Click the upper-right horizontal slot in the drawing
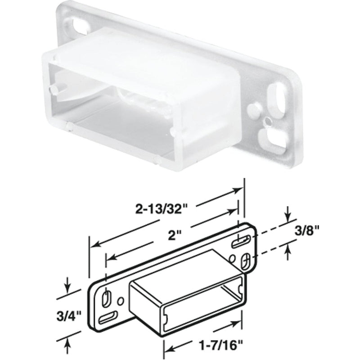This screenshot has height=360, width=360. [x=242, y=242]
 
